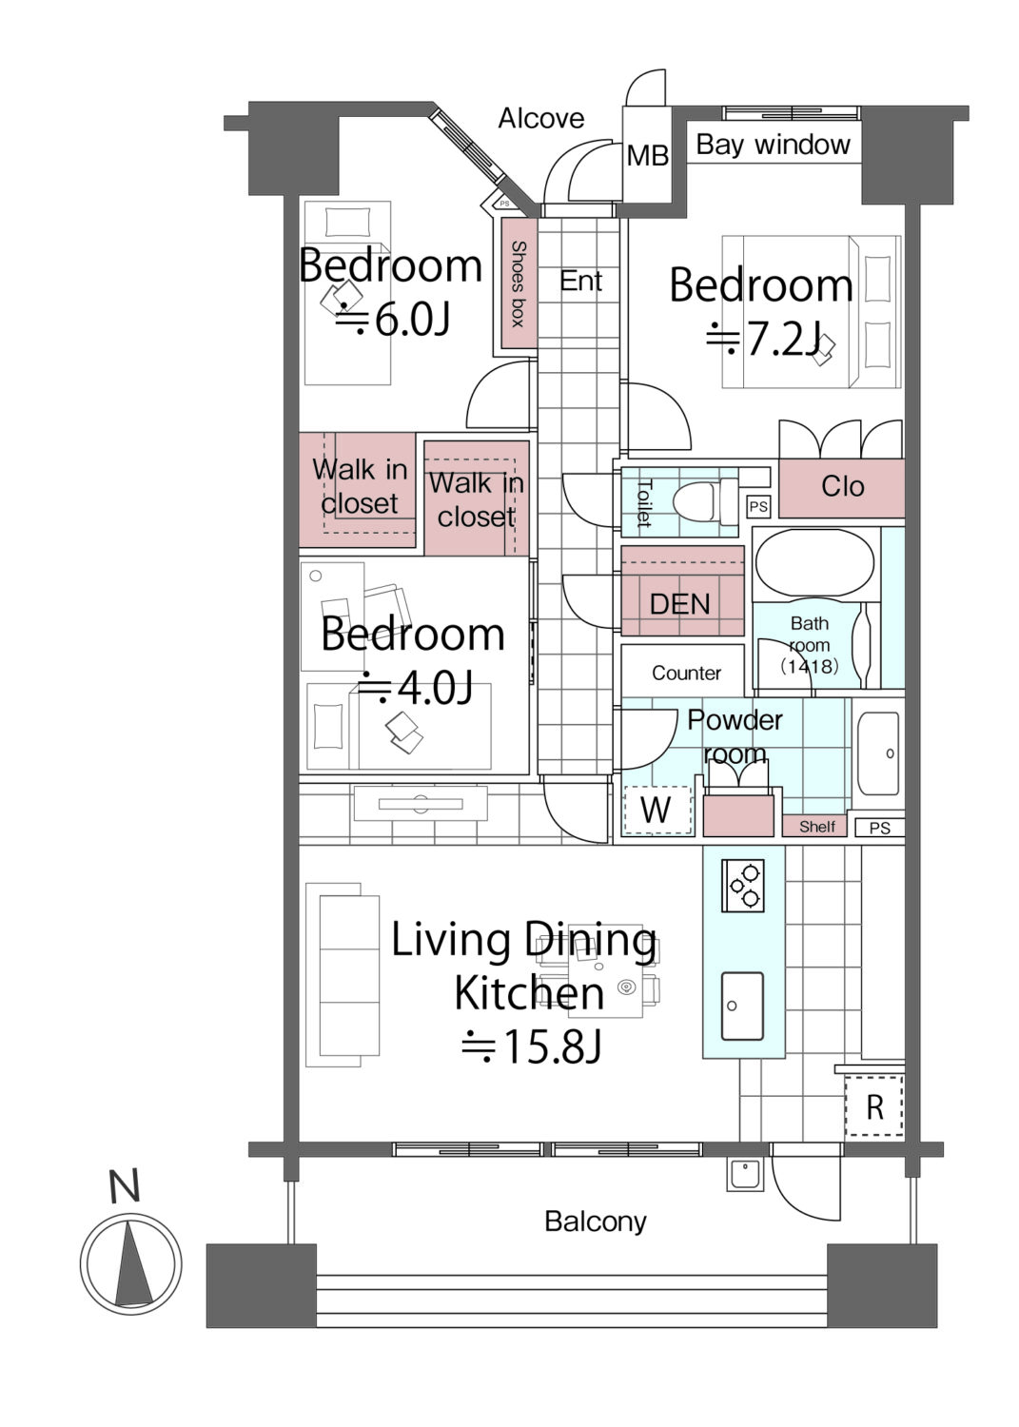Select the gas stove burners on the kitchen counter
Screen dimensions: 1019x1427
coord(742,886)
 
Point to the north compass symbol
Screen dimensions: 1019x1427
coord(130,1263)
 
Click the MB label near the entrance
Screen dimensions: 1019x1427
coord(647,155)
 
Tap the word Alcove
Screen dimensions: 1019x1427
coord(541,119)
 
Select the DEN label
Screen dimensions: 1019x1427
coord(680,604)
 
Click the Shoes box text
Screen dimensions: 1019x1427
coord(519,283)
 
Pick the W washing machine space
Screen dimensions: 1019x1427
coord(656,810)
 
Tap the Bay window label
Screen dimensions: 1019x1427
coord(773,146)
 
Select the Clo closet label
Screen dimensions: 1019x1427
coord(842,487)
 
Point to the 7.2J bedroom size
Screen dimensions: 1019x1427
coord(763,340)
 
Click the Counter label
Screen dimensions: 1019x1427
coord(686,673)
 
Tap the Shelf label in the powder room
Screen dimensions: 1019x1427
coord(817,827)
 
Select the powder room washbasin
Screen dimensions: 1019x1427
coord(878,753)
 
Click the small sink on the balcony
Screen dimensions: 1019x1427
coord(744,1175)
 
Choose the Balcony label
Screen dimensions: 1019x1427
coord(596,1222)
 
